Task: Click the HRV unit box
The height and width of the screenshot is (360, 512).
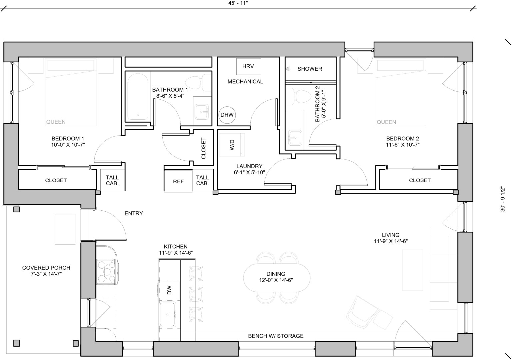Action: point(248,66)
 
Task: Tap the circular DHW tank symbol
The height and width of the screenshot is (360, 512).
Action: point(227,115)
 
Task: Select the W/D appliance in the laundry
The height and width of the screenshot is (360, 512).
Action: point(232,145)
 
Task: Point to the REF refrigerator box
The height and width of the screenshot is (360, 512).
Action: point(178,181)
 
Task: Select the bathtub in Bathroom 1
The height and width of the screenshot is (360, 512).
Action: point(138,97)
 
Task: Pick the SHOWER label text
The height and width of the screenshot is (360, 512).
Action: point(310,69)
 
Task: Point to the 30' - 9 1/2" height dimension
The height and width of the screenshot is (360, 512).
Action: point(503,199)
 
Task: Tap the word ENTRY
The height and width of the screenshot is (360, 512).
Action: point(134,213)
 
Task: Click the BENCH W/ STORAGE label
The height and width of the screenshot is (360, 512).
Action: point(276,336)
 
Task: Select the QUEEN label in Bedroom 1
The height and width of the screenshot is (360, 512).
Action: point(56,122)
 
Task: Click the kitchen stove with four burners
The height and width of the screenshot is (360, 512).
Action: point(106,272)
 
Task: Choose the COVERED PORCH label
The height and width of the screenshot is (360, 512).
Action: point(46,271)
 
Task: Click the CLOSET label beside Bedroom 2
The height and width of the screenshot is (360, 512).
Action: point(420,180)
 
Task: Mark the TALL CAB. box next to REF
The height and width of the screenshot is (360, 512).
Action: point(202,180)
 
